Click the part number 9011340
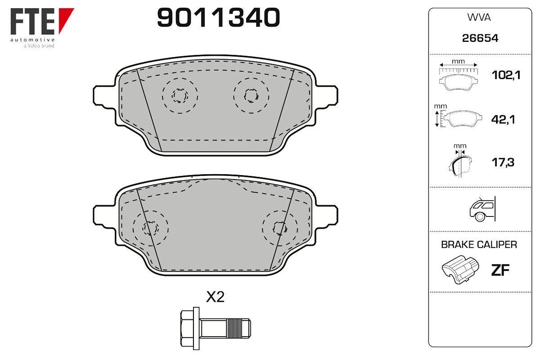click(218, 18)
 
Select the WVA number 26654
click(480, 38)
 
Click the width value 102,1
click(506, 75)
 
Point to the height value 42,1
click(503, 119)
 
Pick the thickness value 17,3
click(503, 162)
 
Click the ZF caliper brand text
click(500, 270)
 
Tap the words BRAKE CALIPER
click(479, 245)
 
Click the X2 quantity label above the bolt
click(215, 297)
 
